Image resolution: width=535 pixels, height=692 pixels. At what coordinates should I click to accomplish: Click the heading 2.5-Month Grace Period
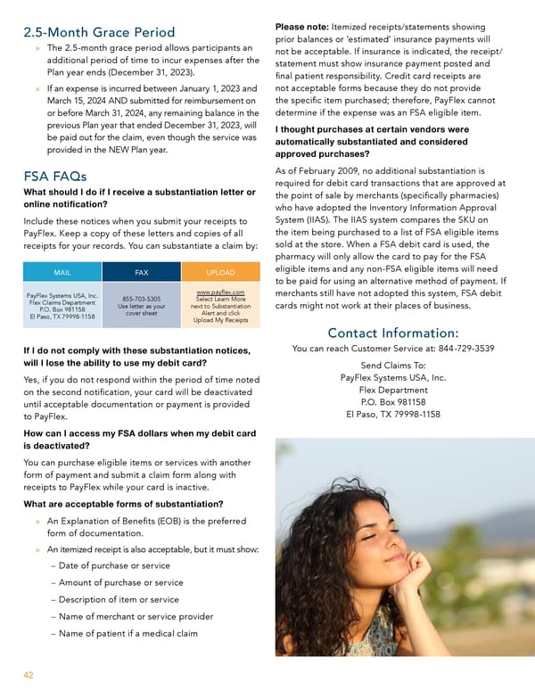click(99, 34)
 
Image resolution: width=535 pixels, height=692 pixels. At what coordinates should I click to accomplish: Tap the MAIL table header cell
click(62, 272)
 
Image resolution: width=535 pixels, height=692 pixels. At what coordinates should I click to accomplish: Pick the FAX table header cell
click(142, 272)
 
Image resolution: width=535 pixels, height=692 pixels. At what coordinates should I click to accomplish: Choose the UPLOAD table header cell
click(220, 272)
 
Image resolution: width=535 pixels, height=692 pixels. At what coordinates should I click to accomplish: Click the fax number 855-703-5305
click(142, 299)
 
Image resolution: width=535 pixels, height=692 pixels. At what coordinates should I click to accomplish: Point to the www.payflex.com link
click(220, 291)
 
